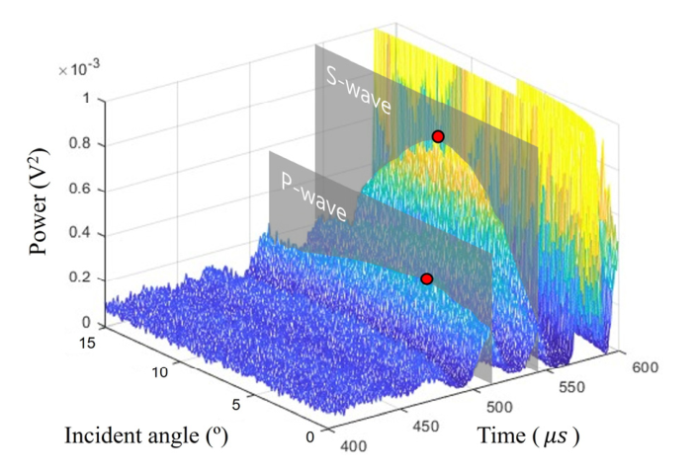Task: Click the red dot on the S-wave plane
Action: tap(438, 136)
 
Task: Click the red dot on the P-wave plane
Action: tap(427, 279)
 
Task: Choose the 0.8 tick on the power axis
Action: tap(83, 144)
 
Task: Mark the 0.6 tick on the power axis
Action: tap(83, 190)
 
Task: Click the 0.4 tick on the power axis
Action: tap(83, 234)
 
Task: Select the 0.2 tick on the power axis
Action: tap(83, 279)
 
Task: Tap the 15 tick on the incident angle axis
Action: tap(90, 342)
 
